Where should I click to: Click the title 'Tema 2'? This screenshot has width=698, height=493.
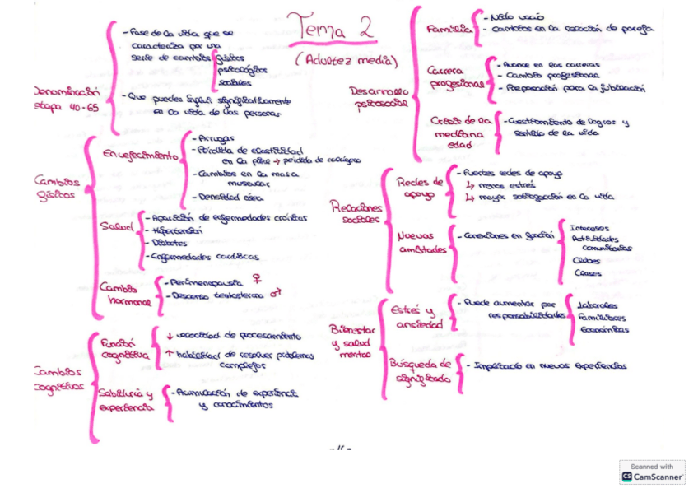330,28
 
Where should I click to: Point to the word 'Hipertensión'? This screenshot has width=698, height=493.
172,232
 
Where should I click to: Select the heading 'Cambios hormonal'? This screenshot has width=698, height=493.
124,294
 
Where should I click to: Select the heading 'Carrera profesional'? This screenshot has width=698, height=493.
454,77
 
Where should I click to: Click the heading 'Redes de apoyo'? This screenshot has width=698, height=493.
419,188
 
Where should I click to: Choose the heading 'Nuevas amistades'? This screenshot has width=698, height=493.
422,242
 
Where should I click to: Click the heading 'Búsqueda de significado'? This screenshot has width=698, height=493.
420,370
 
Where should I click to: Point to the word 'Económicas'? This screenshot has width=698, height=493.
603,329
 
